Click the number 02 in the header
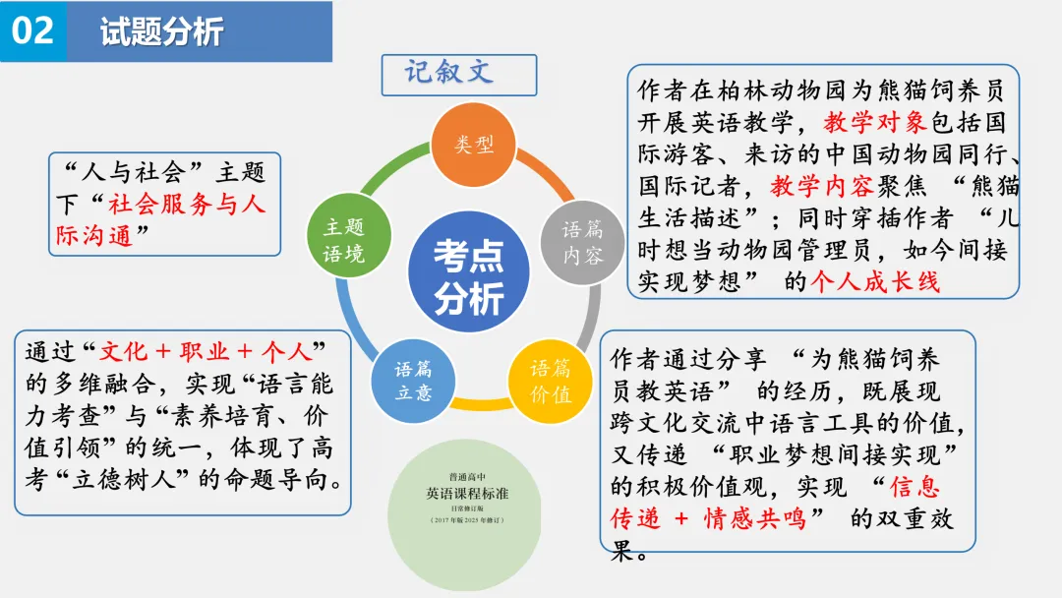click(x=32, y=30)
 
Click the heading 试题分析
click(x=161, y=32)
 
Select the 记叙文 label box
click(x=458, y=75)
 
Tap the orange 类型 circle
click(x=474, y=145)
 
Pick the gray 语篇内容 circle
click(x=583, y=243)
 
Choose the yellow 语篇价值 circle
click(x=551, y=382)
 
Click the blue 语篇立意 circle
click(x=414, y=382)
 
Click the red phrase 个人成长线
click(x=875, y=281)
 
